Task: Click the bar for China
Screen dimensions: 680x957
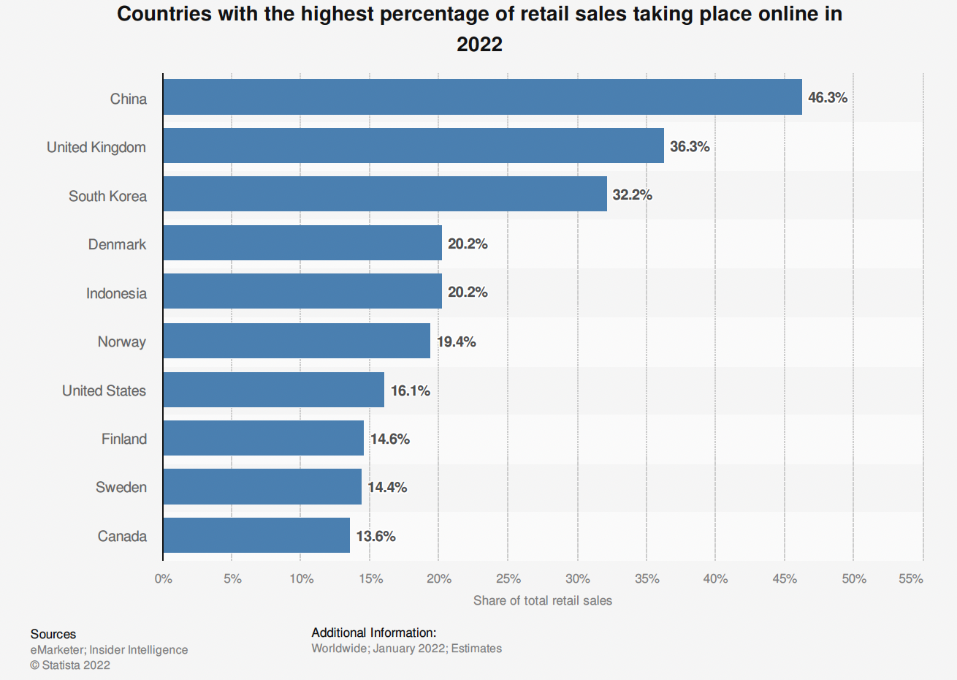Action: coord(482,97)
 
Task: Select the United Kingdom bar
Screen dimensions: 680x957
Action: coord(413,146)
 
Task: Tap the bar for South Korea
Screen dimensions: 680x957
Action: coord(385,194)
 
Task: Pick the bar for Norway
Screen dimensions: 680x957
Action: coord(297,341)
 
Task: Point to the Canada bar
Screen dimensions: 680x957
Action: coord(256,535)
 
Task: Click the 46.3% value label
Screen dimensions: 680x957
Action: coord(828,98)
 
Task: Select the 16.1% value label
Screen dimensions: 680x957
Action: coord(411,390)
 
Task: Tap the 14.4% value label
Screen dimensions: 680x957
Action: coord(387,487)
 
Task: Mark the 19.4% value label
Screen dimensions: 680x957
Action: coord(457,341)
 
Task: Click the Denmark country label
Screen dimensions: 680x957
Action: coord(117,244)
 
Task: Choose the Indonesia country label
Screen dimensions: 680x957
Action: coord(116,293)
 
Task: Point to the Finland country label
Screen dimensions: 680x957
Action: coord(124,439)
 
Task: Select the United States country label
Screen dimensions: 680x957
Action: coord(104,390)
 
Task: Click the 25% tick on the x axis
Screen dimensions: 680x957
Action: coord(508,578)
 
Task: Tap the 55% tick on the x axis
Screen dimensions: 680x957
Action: coord(911,578)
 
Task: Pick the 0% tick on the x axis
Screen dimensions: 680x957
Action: coord(164,578)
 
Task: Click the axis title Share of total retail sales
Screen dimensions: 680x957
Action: coord(543,600)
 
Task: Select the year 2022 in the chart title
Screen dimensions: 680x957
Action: coord(479,44)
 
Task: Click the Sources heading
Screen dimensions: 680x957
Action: coord(53,634)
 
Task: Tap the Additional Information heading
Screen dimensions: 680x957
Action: coord(374,632)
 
